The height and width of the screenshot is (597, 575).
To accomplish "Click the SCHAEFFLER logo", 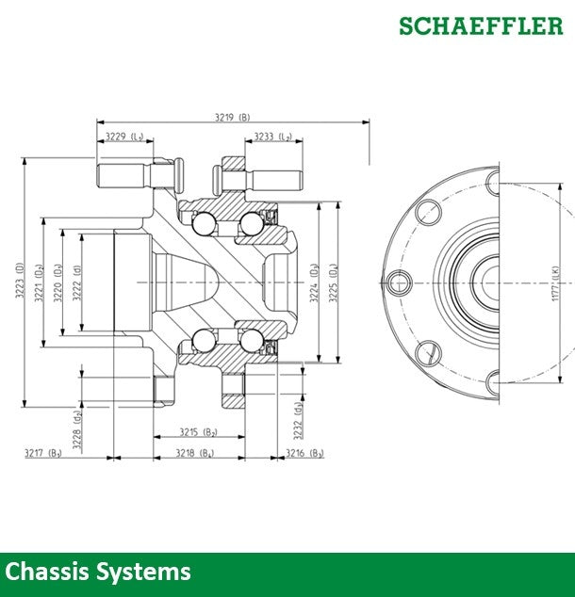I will coord(480,25).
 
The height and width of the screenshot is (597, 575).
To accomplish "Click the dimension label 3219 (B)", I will coord(232,117).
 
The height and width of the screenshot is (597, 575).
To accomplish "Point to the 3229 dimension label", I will coord(124,137).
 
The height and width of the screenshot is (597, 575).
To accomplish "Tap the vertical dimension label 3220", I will coord(57,282).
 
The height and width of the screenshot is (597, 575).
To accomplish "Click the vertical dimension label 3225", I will coord(333,282).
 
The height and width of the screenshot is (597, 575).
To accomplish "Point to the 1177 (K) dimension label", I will coord(556,282).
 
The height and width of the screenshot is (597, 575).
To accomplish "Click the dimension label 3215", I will coord(198,432).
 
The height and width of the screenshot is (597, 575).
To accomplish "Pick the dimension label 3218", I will coord(194,453).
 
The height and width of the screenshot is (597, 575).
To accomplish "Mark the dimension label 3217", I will coord(43,453).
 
